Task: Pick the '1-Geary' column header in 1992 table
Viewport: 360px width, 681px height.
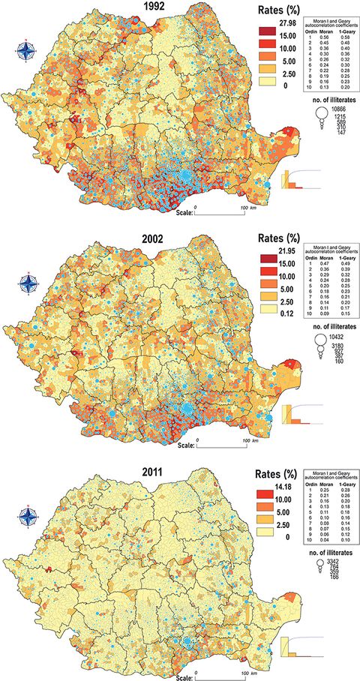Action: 340,22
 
